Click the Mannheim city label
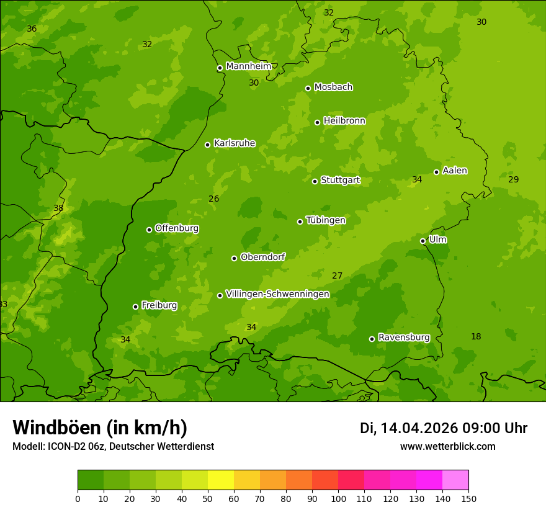(248, 66)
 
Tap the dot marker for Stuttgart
(315, 181)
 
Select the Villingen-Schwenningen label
(277, 293)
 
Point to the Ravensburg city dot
(372, 339)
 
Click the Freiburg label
(159, 305)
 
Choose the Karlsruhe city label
(234, 143)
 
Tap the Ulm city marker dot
(423, 241)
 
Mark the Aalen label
(455, 170)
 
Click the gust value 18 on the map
(476, 336)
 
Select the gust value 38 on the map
(58, 208)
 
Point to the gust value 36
(32, 29)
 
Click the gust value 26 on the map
(213, 199)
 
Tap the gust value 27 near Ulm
(337, 275)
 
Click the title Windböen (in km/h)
(99, 428)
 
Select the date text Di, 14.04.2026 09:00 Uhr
(444, 428)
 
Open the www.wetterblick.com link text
(447, 446)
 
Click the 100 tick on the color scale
(338, 498)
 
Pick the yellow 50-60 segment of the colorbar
(221, 480)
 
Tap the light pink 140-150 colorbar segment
(455, 480)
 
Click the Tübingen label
(325, 220)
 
